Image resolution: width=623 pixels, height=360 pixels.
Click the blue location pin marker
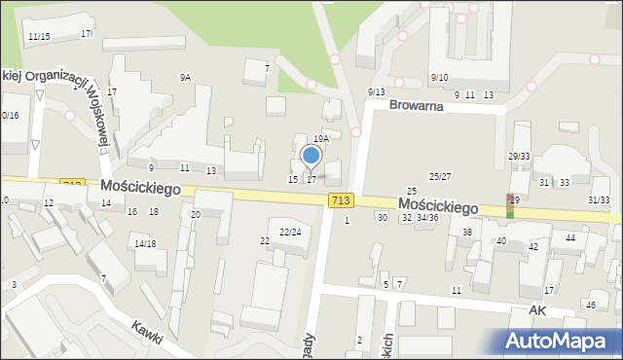pos(311,156)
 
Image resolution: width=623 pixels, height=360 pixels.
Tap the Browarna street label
pos(416,105)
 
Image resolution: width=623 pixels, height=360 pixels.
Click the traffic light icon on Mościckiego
pos(510,205)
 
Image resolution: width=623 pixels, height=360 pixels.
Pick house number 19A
pos(321,139)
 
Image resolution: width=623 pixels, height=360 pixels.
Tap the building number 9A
pos(185,77)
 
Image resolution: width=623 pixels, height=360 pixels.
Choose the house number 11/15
pos(39,37)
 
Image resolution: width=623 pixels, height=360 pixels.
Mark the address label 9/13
pos(376,92)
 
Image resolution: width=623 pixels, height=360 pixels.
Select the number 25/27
pos(440,176)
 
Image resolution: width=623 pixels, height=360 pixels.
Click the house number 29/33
pos(519,157)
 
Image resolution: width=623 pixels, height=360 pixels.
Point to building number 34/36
pos(427,217)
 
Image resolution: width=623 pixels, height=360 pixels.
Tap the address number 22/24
pos(290,233)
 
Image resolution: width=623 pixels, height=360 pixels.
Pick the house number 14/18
pos(145,243)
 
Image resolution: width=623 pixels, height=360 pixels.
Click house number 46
pos(590,306)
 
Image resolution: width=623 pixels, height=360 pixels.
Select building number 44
pos(570,238)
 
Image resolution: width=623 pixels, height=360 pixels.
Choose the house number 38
pos(467,233)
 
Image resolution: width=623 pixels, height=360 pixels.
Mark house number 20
pos(196,214)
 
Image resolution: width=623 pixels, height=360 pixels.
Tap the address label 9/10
pos(439,77)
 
